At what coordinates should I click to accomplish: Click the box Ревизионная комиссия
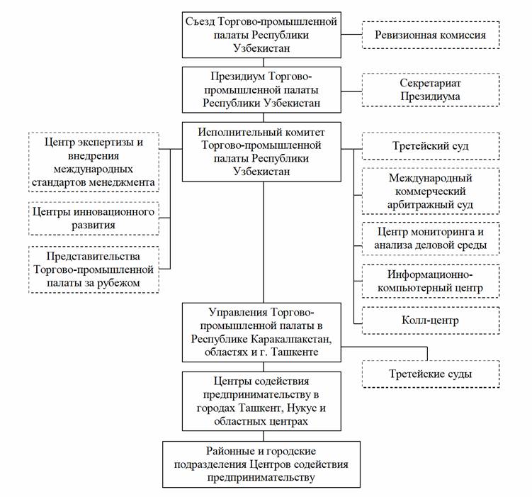pos(431,35)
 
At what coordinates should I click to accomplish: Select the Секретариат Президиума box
pos(431,90)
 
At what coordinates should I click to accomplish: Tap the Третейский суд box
pos(431,146)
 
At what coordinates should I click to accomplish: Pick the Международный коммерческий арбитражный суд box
pos(431,191)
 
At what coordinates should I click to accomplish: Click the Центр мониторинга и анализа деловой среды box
pos(431,238)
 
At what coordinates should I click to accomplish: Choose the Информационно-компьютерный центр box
pos(431,281)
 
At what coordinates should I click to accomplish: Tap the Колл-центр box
pos(431,320)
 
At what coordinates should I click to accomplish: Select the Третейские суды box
pos(431,374)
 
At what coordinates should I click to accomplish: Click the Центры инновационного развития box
pos(94,218)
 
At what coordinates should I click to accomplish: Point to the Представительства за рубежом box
pos(94,269)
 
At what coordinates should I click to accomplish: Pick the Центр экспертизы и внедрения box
pos(94,162)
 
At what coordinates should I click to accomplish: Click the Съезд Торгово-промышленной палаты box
pos(261,35)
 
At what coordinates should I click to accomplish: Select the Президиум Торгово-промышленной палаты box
pos(261,90)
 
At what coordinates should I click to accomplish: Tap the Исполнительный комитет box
pos(261,152)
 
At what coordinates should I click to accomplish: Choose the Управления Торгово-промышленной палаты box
pos(261,333)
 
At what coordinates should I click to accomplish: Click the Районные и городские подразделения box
pos(261,464)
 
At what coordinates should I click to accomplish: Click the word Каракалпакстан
pos(291,339)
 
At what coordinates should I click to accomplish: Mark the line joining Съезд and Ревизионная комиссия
pos(351,34)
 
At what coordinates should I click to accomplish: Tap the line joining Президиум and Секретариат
pos(351,91)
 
